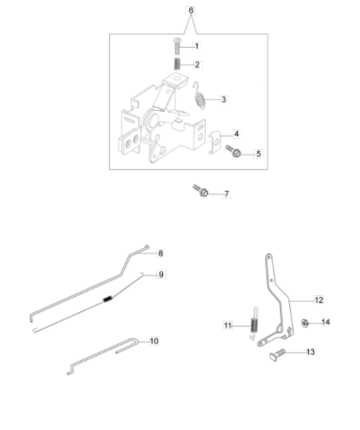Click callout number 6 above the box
(191, 10)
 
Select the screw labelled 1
(177, 46)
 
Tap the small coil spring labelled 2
(177, 64)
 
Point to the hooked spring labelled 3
(199, 96)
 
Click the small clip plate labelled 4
(215, 142)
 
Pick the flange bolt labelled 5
(233, 151)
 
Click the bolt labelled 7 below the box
(200, 190)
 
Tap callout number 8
(160, 253)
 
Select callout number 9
(161, 275)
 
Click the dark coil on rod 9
(107, 299)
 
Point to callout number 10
(154, 340)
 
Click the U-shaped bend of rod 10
(136, 341)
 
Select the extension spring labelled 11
(254, 323)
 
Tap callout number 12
(319, 300)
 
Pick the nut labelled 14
(305, 323)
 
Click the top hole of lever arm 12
(269, 257)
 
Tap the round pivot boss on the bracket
(152, 119)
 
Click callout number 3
(224, 100)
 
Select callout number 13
(311, 352)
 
